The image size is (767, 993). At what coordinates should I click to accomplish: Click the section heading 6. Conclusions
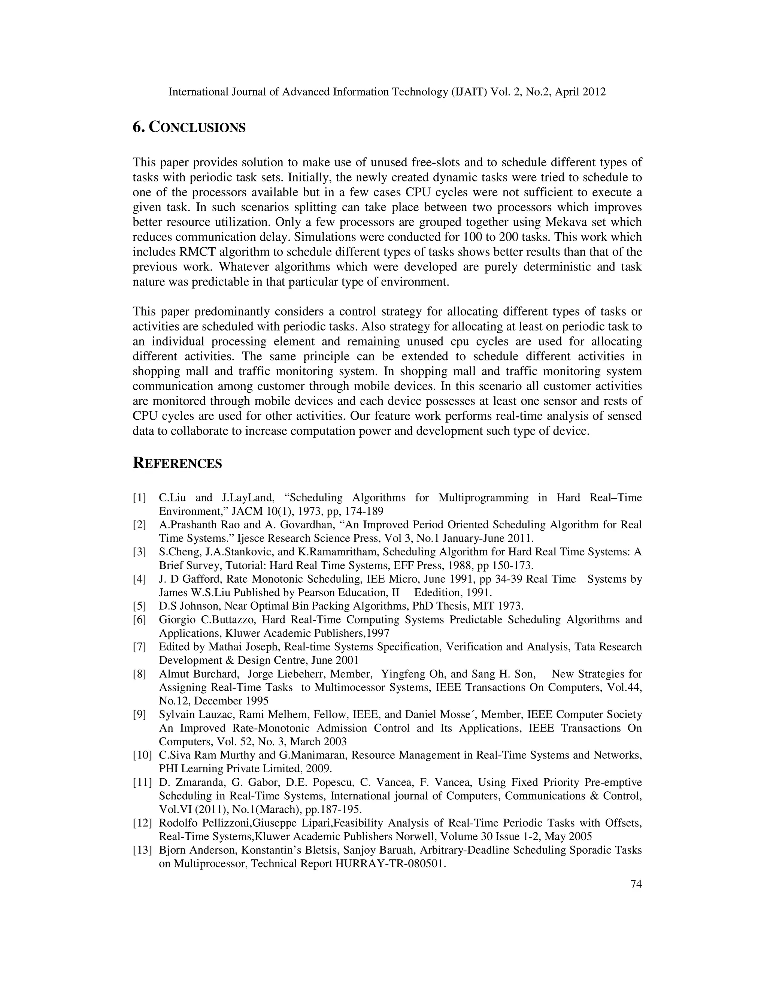(189, 128)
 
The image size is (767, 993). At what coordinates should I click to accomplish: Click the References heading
(177, 464)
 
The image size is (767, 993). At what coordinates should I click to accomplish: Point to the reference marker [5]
(139, 606)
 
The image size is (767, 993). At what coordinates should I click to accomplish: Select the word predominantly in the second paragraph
(232, 312)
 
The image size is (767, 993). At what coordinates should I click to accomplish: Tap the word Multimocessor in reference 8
(348, 688)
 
